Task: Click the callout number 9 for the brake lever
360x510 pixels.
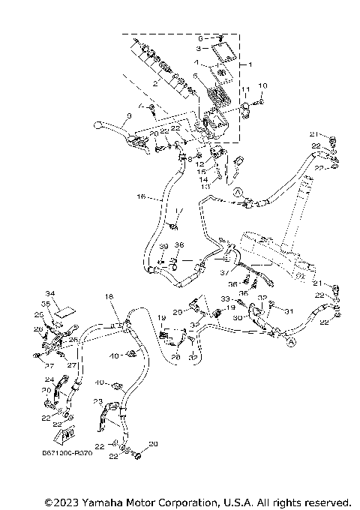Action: click(x=129, y=115)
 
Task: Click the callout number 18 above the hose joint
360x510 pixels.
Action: click(x=109, y=298)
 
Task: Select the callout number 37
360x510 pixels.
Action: click(x=223, y=274)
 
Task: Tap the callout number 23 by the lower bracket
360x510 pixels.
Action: click(x=97, y=402)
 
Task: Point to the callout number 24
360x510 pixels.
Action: click(x=49, y=379)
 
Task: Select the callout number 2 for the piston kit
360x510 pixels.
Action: click(x=155, y=85)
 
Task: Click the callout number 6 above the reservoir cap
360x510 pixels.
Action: click(x=200, y=37)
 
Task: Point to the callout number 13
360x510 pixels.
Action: click(x=216, y=187)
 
